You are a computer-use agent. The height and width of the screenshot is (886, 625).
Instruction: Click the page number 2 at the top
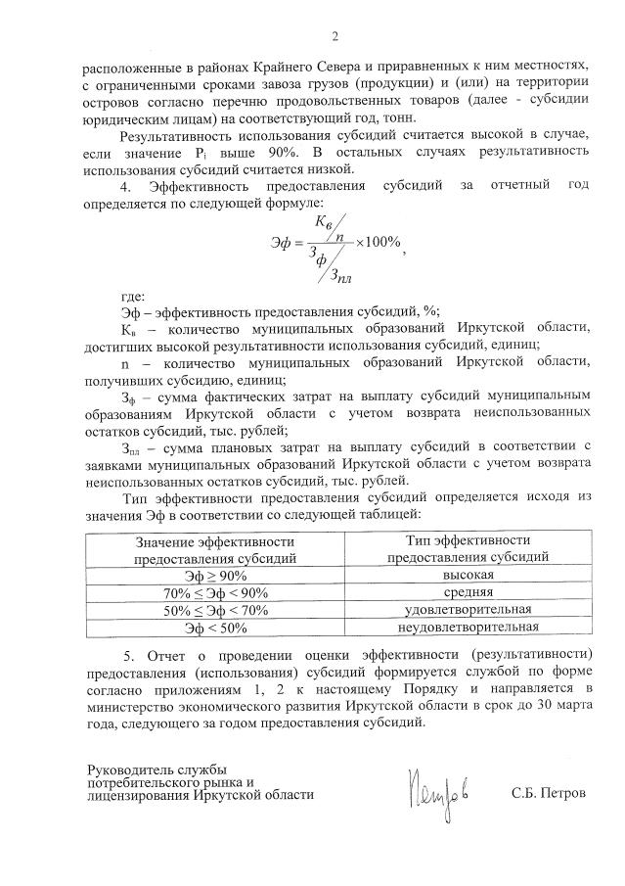coord(335,38)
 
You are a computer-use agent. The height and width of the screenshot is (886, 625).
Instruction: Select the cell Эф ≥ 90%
coord(216,576)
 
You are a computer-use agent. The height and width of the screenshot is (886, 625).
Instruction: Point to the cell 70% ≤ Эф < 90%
coord(215,593)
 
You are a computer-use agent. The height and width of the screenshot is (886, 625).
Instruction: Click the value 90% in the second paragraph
coord(254,154)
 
